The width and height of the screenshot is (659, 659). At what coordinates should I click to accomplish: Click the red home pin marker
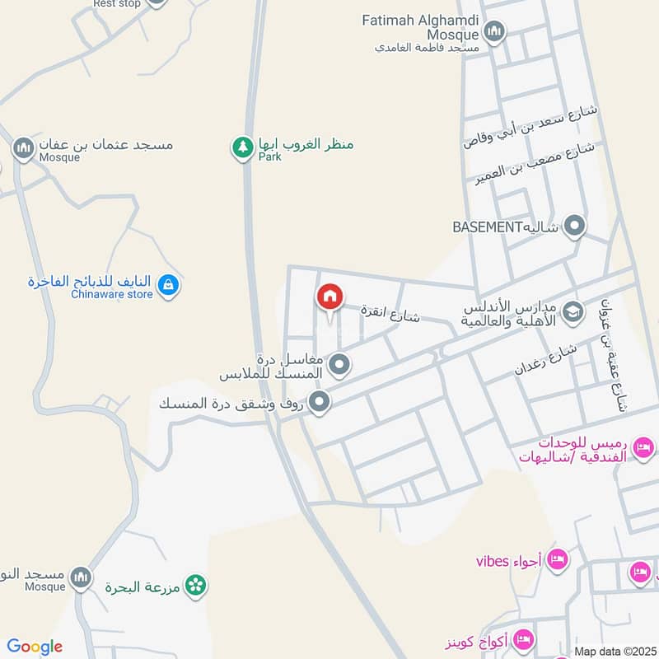329,297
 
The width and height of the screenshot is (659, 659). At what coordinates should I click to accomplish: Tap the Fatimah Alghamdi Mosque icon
493,33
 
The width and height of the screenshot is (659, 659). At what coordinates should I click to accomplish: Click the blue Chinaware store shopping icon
168,286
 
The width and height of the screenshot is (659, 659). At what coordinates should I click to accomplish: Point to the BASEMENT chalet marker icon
574,226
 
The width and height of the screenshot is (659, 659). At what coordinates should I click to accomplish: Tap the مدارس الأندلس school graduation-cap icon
573,312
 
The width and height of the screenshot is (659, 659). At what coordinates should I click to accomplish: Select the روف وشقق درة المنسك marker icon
321,403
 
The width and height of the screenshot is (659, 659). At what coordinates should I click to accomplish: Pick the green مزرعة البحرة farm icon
195,586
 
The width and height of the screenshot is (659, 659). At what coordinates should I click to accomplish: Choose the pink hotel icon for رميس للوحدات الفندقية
643,447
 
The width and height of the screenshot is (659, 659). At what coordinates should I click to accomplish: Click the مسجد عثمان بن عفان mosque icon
23,148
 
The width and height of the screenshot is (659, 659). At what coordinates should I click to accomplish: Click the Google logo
35,647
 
